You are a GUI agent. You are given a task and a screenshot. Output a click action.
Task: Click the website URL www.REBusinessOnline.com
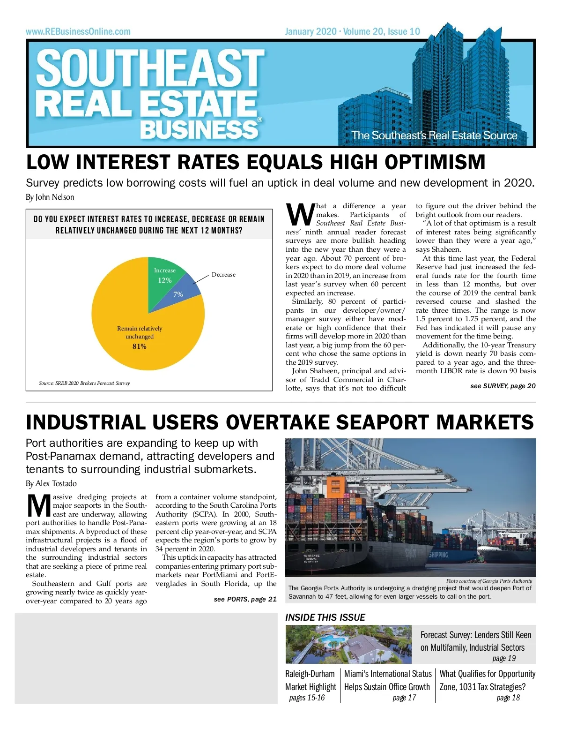(x=78, y=32)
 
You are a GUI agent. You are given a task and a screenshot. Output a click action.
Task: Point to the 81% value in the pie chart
(x=140, y=346)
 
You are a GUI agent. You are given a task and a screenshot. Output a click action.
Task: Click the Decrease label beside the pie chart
(x=223, y=275)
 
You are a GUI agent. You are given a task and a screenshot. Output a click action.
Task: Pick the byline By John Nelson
(x=50, y=197)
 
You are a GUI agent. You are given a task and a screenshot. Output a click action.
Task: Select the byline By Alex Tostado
(x=51, y=483)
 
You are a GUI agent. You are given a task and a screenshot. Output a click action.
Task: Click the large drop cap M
(x=39, y=505)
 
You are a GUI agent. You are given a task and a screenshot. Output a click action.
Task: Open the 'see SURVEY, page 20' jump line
(x=503, y=386)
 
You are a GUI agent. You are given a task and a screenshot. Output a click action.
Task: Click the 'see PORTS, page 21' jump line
(x=245, y=599)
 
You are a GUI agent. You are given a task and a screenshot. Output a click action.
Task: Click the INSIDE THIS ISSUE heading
(x=325, y=617)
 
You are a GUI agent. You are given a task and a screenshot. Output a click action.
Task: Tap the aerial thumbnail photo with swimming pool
(x=348, y=644)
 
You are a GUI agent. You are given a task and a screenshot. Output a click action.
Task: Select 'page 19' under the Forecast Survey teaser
(x=504, y=658)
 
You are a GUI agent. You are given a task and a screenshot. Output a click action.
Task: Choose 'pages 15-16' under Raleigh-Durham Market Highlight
(x=307, y=698)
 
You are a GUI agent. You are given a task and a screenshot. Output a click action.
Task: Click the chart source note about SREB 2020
(x=84, y=383)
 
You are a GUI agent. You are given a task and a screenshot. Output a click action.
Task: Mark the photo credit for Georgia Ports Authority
(x=489, y=581)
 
